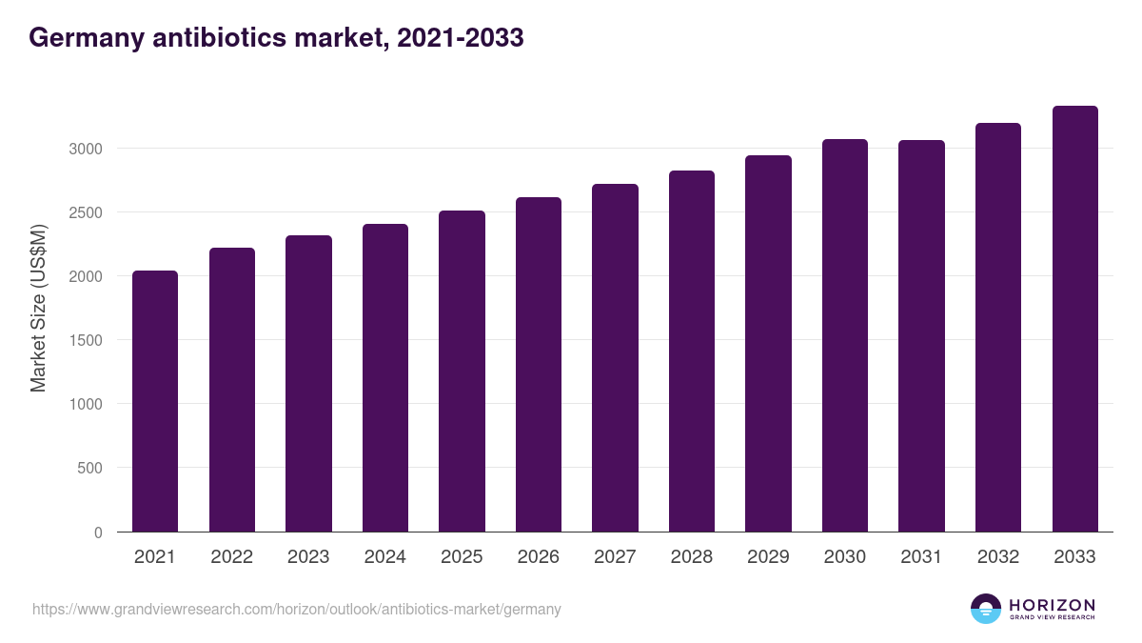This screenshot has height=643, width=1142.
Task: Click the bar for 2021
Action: point(155,401)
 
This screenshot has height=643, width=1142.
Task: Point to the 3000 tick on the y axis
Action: point(84,149)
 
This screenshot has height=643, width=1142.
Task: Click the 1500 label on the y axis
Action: point(84,340)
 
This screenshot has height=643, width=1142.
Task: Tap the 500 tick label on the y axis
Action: point(89,468)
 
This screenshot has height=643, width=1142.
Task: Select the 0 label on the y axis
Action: point(97,532)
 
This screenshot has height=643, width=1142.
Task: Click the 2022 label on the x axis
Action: point(232,557)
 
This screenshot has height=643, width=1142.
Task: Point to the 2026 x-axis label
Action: point(539,557)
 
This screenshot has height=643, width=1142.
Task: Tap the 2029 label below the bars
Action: point(768,557)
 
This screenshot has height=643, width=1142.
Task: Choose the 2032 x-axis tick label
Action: point(998,557)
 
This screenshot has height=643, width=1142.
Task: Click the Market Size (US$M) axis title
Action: point(38,308)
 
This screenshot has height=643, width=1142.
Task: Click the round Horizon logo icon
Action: point(986,609)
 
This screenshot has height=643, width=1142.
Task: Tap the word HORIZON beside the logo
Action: point(1052,604)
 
